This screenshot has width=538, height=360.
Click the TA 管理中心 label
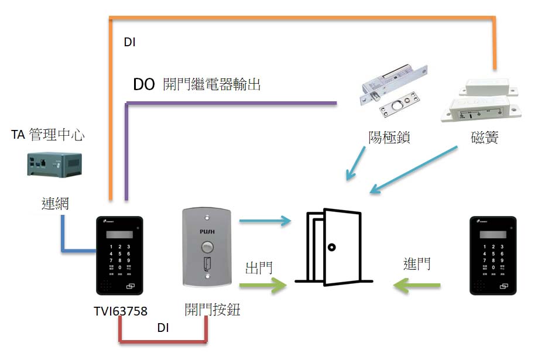pyautogui.click(x=47, y=136)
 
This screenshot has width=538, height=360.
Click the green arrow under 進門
pyautogui.click(x=417, y=285)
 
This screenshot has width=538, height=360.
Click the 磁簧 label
pyautogui.click(x=484, y=138)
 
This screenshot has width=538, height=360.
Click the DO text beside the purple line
pyautogui.click(x=143, y=85)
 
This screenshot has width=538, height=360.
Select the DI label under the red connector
pyautogui.click(x=163, y=328)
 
